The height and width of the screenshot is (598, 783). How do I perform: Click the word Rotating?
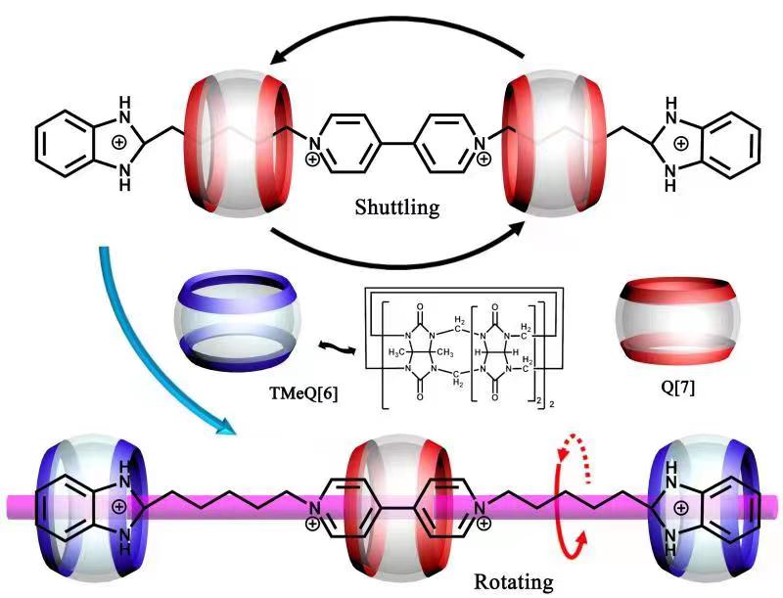513,581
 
